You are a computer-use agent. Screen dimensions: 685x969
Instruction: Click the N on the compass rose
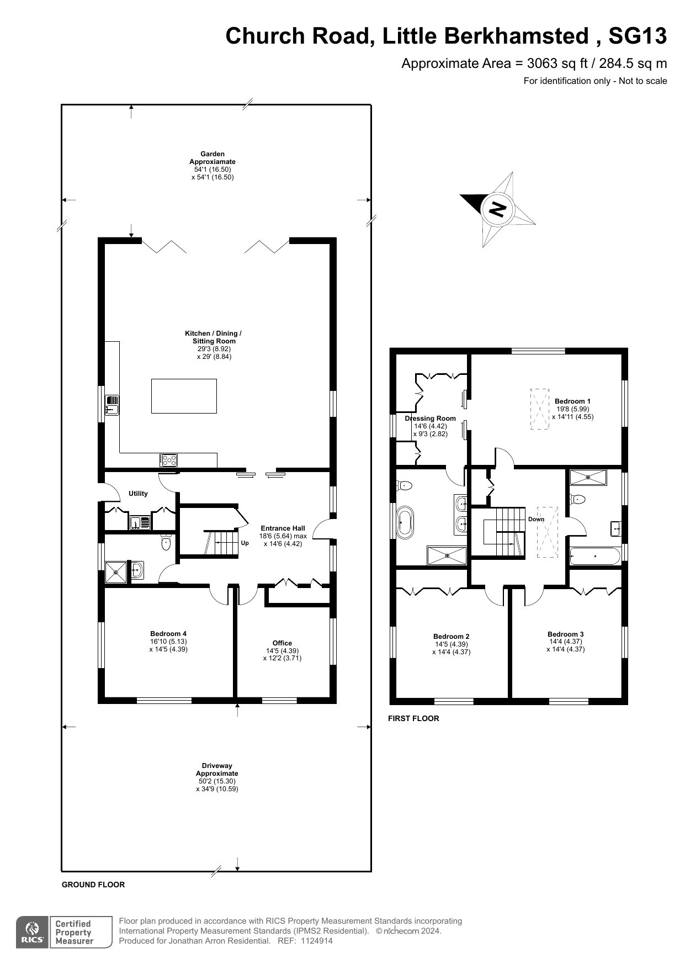tap(498, 209)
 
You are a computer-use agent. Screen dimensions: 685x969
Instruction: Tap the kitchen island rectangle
tap(184, 396)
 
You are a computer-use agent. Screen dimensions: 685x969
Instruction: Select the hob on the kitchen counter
tap(169, 460)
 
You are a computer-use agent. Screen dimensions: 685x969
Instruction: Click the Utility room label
tap(138, 494)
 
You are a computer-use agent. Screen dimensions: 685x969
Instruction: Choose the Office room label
tap(282, 643)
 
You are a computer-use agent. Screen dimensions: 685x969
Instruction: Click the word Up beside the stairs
tap(245, 543)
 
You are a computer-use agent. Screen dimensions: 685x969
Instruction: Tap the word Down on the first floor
tap(536, 519)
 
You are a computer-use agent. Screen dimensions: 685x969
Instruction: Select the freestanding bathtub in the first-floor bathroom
tap(406, 522)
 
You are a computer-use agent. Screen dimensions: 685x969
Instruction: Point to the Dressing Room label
tap(431, 419)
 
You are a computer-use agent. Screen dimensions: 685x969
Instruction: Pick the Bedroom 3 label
tap(566, 634)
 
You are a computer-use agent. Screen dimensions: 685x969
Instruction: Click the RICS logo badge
tap(32, 933)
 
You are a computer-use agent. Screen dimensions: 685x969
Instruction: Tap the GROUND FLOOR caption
tap(93, 885)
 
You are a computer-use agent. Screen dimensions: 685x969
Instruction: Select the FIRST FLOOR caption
tap(413, 718)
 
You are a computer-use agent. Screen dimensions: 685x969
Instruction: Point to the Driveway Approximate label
tap(217, 770)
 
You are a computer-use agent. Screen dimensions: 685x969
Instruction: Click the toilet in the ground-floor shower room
tap(166, 542)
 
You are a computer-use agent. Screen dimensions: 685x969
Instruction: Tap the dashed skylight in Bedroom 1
tap(540, 409)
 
